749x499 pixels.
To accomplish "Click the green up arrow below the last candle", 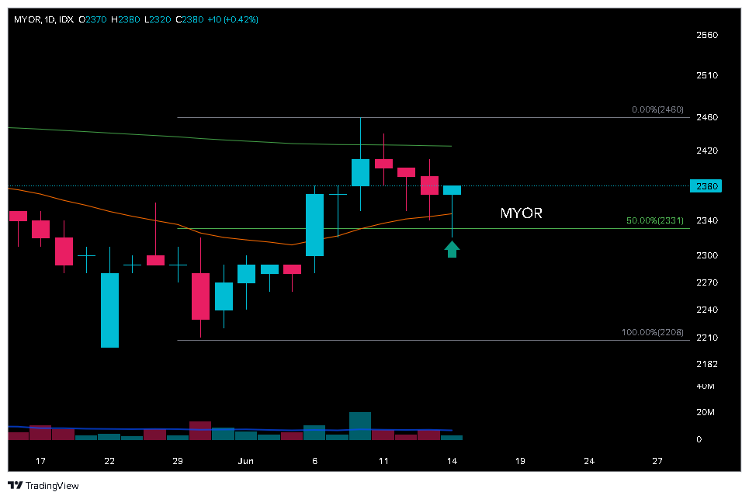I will pos(452,248).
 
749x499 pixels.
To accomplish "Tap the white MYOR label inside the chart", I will pos(521,213).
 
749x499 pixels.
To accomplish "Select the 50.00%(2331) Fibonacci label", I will pos(654,221).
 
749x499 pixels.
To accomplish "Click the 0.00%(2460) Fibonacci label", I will pos(657,110).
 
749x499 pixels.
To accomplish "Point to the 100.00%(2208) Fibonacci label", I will pos(652,333).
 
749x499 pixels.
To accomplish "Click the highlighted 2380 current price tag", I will pos(706,186).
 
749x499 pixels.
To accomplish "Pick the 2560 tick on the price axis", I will pos(706,35).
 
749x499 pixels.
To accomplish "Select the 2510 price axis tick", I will pos(706,75).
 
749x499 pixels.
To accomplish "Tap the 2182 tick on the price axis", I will pos(706,364).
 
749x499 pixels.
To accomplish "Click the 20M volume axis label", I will pos(706,412).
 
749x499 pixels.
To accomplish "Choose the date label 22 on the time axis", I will pos(109,461).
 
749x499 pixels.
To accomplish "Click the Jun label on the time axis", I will pos(246,461).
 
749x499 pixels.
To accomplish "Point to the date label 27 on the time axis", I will pos(657,461).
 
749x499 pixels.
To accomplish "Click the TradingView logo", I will pos(43,486).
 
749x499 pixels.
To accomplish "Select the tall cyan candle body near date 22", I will pos(109,310).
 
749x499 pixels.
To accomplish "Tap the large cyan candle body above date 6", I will pos(314,224).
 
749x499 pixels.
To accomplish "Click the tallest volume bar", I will pos(360,426).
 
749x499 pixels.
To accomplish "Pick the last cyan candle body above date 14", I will pos(452,190).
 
